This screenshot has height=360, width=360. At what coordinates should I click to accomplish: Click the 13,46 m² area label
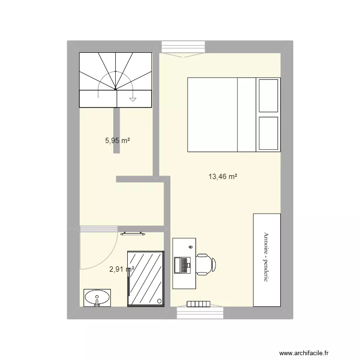pyautogui.click(x=223, y=177)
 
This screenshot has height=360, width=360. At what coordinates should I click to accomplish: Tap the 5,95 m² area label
pyautogui.click(x=118, y=141)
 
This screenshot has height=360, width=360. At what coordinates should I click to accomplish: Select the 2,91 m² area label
pyautogui.click(x=122, y=269)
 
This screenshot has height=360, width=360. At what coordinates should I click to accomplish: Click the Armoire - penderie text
pyautogui.click(x=266, y=257)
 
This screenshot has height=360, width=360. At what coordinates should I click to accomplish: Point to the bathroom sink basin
pyautogui.click(x=97, y=298)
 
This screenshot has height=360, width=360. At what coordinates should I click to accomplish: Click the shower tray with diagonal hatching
pyautogui.click(x=146, y=279)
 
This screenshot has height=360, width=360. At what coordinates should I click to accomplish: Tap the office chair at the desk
pyautogui.click(x=206, y=264)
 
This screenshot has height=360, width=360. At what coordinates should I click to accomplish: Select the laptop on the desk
pyautogui.click(x=182, y=265)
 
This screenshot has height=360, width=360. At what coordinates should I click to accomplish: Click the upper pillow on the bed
pyautogui.click(x=268, y=96)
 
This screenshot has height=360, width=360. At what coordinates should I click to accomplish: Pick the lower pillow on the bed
pyautogui.click(x=268, y=133)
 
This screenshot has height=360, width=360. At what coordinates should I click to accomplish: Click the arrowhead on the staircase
pyautogui.click(x=132, y=100)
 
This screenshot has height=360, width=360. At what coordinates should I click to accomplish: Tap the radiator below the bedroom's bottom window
pyautogui.click(x=198, y=304)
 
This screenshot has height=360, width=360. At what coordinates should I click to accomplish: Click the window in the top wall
pyautogui.click(x=183, y=47)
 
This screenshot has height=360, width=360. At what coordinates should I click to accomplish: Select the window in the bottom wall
pyautogui.click(x=200, y=313)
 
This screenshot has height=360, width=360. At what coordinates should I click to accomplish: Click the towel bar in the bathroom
pyautogui.click(x=132, y=234)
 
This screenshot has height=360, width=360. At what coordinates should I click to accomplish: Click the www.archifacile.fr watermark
pyautogui.click(x=304, y=353)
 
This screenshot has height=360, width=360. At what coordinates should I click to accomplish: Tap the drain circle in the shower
pyautogui.click(x=159, y=301)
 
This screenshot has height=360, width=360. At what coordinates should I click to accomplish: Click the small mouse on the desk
pyautogui.click(x=191, y=247)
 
